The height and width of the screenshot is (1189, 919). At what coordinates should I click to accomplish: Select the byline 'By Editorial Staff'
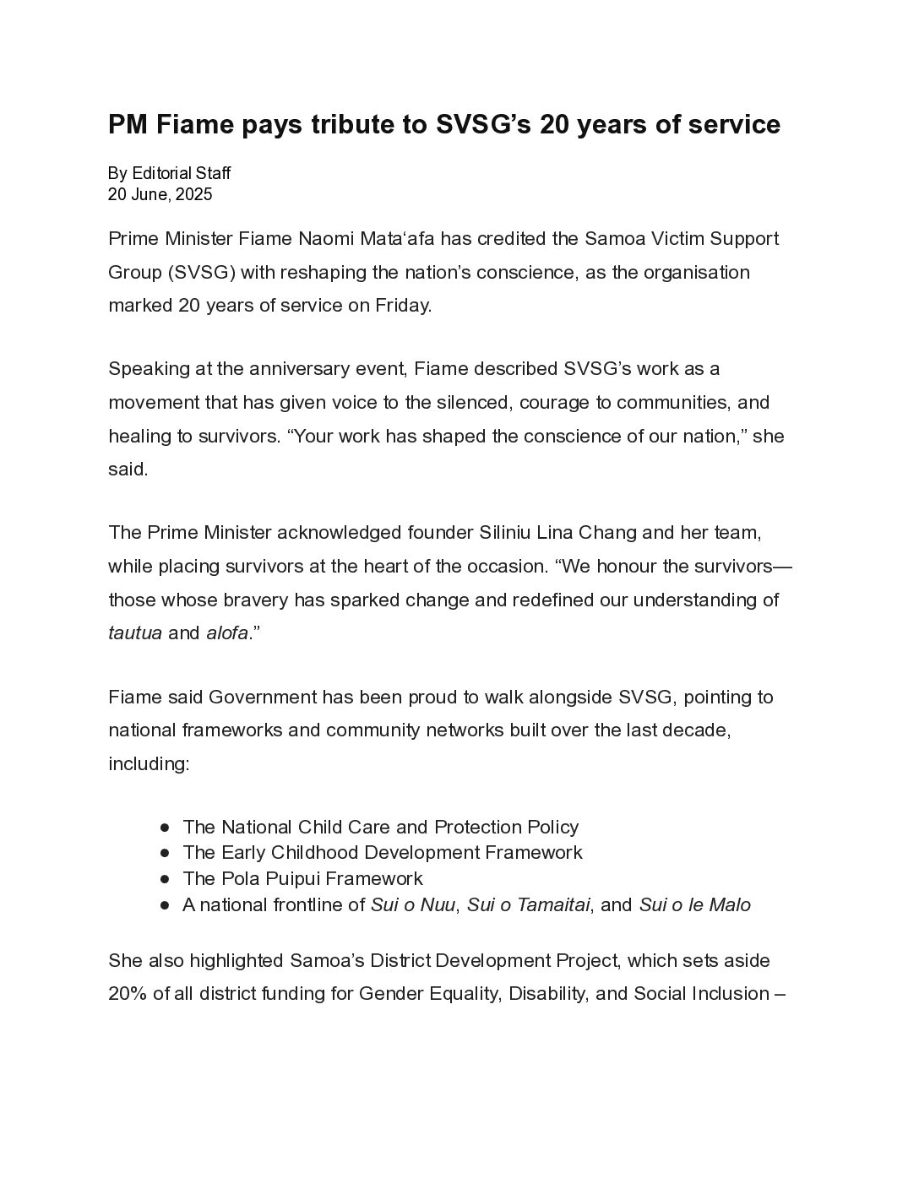tap(169, 173)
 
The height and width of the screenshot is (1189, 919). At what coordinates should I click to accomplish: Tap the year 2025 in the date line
tap(193, 194)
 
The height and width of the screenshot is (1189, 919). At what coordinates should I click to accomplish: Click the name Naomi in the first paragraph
tap(326, 238)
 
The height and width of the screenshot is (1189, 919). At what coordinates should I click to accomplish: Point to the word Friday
tap(401, 305)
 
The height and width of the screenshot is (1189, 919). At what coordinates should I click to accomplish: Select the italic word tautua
tap(135, 633)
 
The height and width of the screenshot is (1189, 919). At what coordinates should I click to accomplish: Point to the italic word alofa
tap(226, 633)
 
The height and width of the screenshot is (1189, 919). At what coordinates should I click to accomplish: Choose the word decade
tap(696, 730)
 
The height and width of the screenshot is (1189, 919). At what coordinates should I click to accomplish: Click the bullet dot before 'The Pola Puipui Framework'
tap(165, 879)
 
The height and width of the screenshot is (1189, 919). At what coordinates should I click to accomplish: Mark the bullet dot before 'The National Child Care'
tap(165, 828)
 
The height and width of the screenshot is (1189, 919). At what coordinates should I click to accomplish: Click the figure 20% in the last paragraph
tap(128, 994)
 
